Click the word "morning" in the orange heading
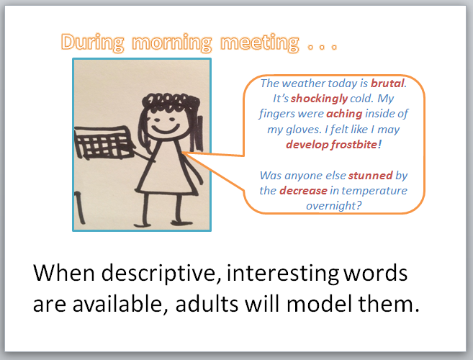[x=172, y=43]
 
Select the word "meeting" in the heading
[x=260, y=43]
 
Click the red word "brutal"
[x=387, y=84]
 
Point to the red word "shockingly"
[x=319, y=99]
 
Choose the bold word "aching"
[x=345, y=114]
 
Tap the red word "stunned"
[x=371, y=176]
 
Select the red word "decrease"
[x=303, y=191]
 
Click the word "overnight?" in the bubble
[x=333, y=206]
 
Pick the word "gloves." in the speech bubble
[x=304, y=130]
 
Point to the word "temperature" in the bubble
[x=374, y=191]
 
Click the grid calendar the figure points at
[x=104, y=143]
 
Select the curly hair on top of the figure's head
[x=171, y=101]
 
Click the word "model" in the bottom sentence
[x=320, y=303]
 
